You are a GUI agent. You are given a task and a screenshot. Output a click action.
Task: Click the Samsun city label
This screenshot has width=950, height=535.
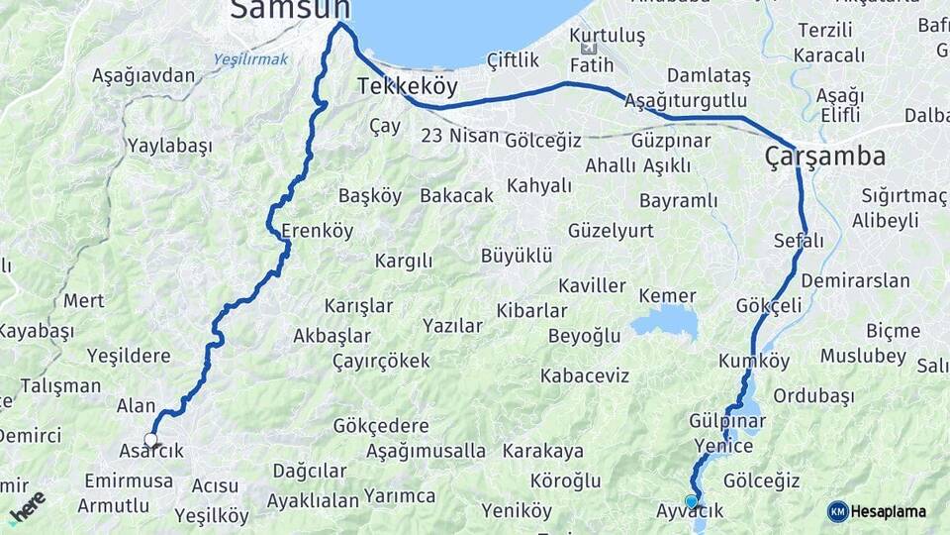click(290, 10)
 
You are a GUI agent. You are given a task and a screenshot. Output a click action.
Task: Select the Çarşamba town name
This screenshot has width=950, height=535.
click(825, 157)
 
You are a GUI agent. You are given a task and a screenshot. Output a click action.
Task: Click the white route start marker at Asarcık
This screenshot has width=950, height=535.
click(150, 439)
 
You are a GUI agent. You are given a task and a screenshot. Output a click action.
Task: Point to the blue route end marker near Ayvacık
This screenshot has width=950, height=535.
click(691, 500)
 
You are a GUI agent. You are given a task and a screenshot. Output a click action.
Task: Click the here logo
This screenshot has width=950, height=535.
click(27, 506)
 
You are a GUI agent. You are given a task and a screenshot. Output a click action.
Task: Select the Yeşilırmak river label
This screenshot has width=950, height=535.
click(250, 59)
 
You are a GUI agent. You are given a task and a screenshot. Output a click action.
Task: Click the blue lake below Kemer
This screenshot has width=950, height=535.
click(664, 321)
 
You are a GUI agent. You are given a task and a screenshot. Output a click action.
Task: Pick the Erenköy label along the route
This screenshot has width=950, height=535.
click(317, 232)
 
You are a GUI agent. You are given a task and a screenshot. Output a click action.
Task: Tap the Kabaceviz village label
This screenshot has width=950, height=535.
click(585, 376)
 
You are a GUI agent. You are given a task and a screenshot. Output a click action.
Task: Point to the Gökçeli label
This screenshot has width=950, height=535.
click(769, 306)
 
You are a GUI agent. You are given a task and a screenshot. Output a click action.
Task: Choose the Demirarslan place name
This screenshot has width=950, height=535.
click(855, 281)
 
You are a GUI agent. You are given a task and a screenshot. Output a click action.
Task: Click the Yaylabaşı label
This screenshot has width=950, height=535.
click(169, 146)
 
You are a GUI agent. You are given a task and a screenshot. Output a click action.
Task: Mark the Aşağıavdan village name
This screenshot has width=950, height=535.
click(143, 75)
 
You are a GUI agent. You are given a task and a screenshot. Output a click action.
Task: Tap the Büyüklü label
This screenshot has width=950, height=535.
click(516, 256)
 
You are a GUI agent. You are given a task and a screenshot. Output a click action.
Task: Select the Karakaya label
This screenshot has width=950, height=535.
click(543, 452)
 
